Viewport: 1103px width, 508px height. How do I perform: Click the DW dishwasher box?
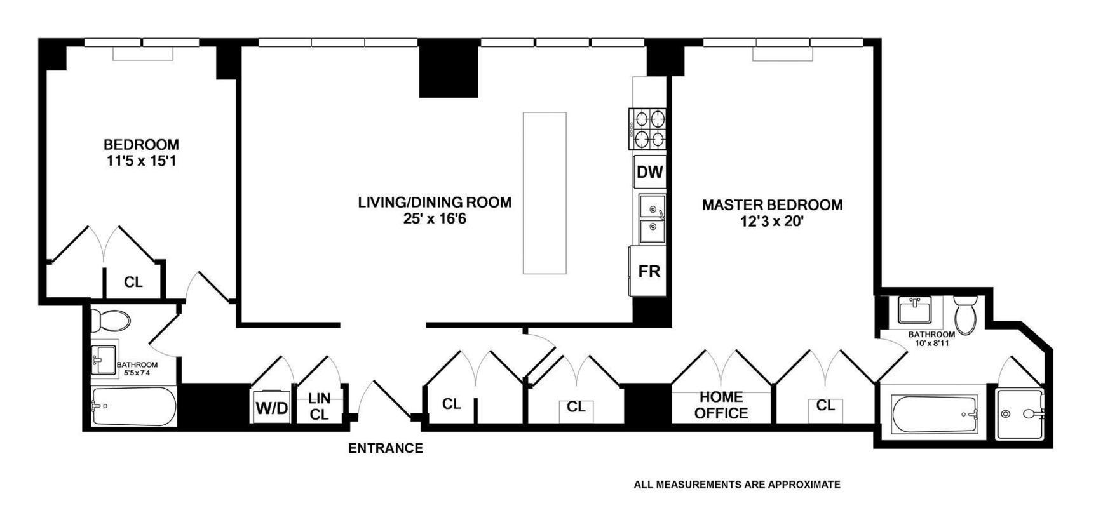(649, 172)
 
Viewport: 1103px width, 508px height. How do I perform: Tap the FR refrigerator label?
(649, 272)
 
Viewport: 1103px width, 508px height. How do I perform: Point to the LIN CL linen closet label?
(319, 406)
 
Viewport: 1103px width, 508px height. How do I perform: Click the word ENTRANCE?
(385, 448)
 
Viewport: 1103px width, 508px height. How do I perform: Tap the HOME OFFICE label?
(721, 405)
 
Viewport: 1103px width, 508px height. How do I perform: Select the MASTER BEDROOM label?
(772, 205)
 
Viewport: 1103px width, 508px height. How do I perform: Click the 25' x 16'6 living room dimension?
(435, 220)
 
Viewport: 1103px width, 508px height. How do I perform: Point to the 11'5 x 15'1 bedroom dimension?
(141, 161)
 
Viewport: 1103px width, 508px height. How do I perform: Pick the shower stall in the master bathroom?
(1019, 414)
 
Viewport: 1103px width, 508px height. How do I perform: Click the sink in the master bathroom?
(914, 310)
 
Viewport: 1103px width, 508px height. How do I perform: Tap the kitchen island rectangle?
(545, 193)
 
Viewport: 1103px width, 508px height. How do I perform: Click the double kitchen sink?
(651, 218)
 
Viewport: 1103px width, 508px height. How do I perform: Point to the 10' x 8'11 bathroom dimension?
(931, 343)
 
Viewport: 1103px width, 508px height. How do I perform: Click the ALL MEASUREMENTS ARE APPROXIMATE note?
(737, 485)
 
